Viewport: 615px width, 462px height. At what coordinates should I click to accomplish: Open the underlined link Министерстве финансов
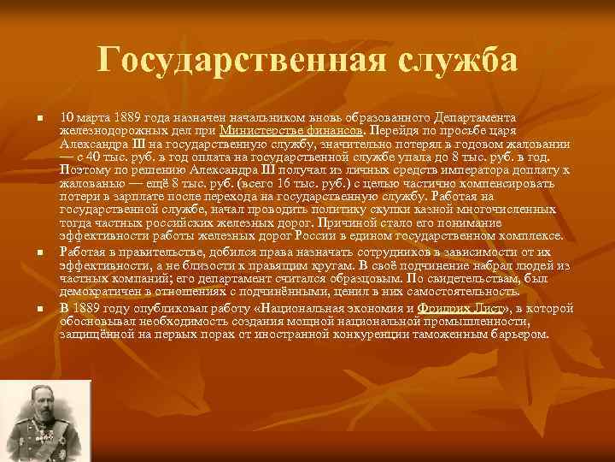coord(291,130)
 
